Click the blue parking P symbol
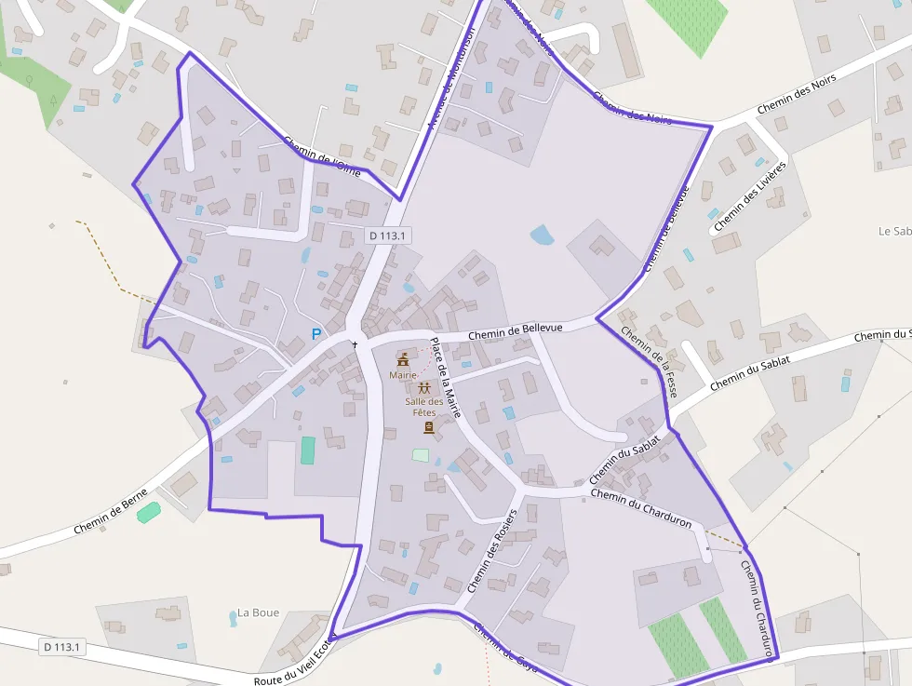coord(316,333)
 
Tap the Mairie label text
coord(403,375)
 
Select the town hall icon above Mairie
coord(403,359)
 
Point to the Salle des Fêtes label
coord(424,407)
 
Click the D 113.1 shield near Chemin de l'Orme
coord(387,235)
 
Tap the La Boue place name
coord(258,612)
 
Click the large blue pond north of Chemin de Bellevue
coord(542,235)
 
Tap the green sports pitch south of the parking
coord(308,451)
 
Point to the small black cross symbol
coord(355,344)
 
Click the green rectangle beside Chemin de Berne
coord(148,512)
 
